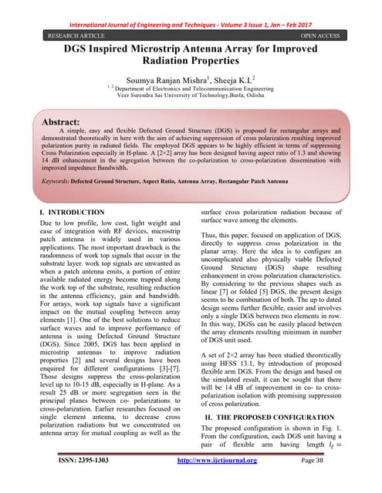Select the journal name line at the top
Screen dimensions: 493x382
point(191,8)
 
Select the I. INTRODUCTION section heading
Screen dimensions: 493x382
point(72,211)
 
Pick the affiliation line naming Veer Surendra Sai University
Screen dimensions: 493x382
point(191,99)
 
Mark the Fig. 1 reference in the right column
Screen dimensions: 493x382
point(339,427)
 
